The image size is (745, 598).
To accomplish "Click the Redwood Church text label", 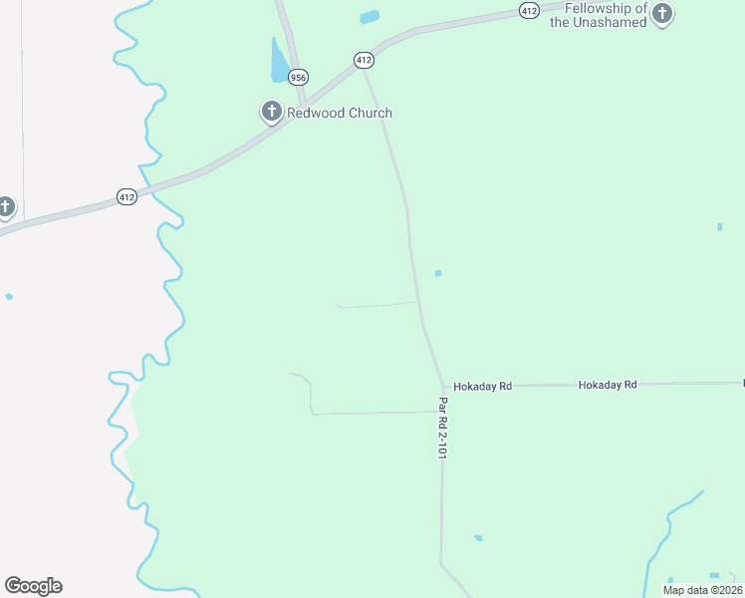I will [x=340, y=114].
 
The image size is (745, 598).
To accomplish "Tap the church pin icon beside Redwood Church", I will [x=271, y=112].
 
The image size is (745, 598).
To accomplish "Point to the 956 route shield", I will [x=298, y=77].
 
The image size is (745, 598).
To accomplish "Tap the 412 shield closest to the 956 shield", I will [x=364, y=60].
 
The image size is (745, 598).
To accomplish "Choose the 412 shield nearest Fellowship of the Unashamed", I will [x=529, y=10].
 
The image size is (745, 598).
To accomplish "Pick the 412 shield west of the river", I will [x=126, y=197].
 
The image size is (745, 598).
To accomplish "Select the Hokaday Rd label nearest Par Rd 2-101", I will [x=482, y=386].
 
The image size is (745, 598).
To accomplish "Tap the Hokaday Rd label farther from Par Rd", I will [x=608, y=384].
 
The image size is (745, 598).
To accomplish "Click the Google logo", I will [x=33, y=586].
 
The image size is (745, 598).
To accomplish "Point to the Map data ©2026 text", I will [x=702, y=590].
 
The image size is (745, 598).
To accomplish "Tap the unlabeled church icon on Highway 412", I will [x=6, y=207].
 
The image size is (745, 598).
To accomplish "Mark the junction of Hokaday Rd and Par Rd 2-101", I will [x=443, y=387].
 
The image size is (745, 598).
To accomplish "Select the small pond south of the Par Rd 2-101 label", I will [x=478, y=538].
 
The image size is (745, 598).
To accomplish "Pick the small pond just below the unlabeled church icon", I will [x=9, y=296].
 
